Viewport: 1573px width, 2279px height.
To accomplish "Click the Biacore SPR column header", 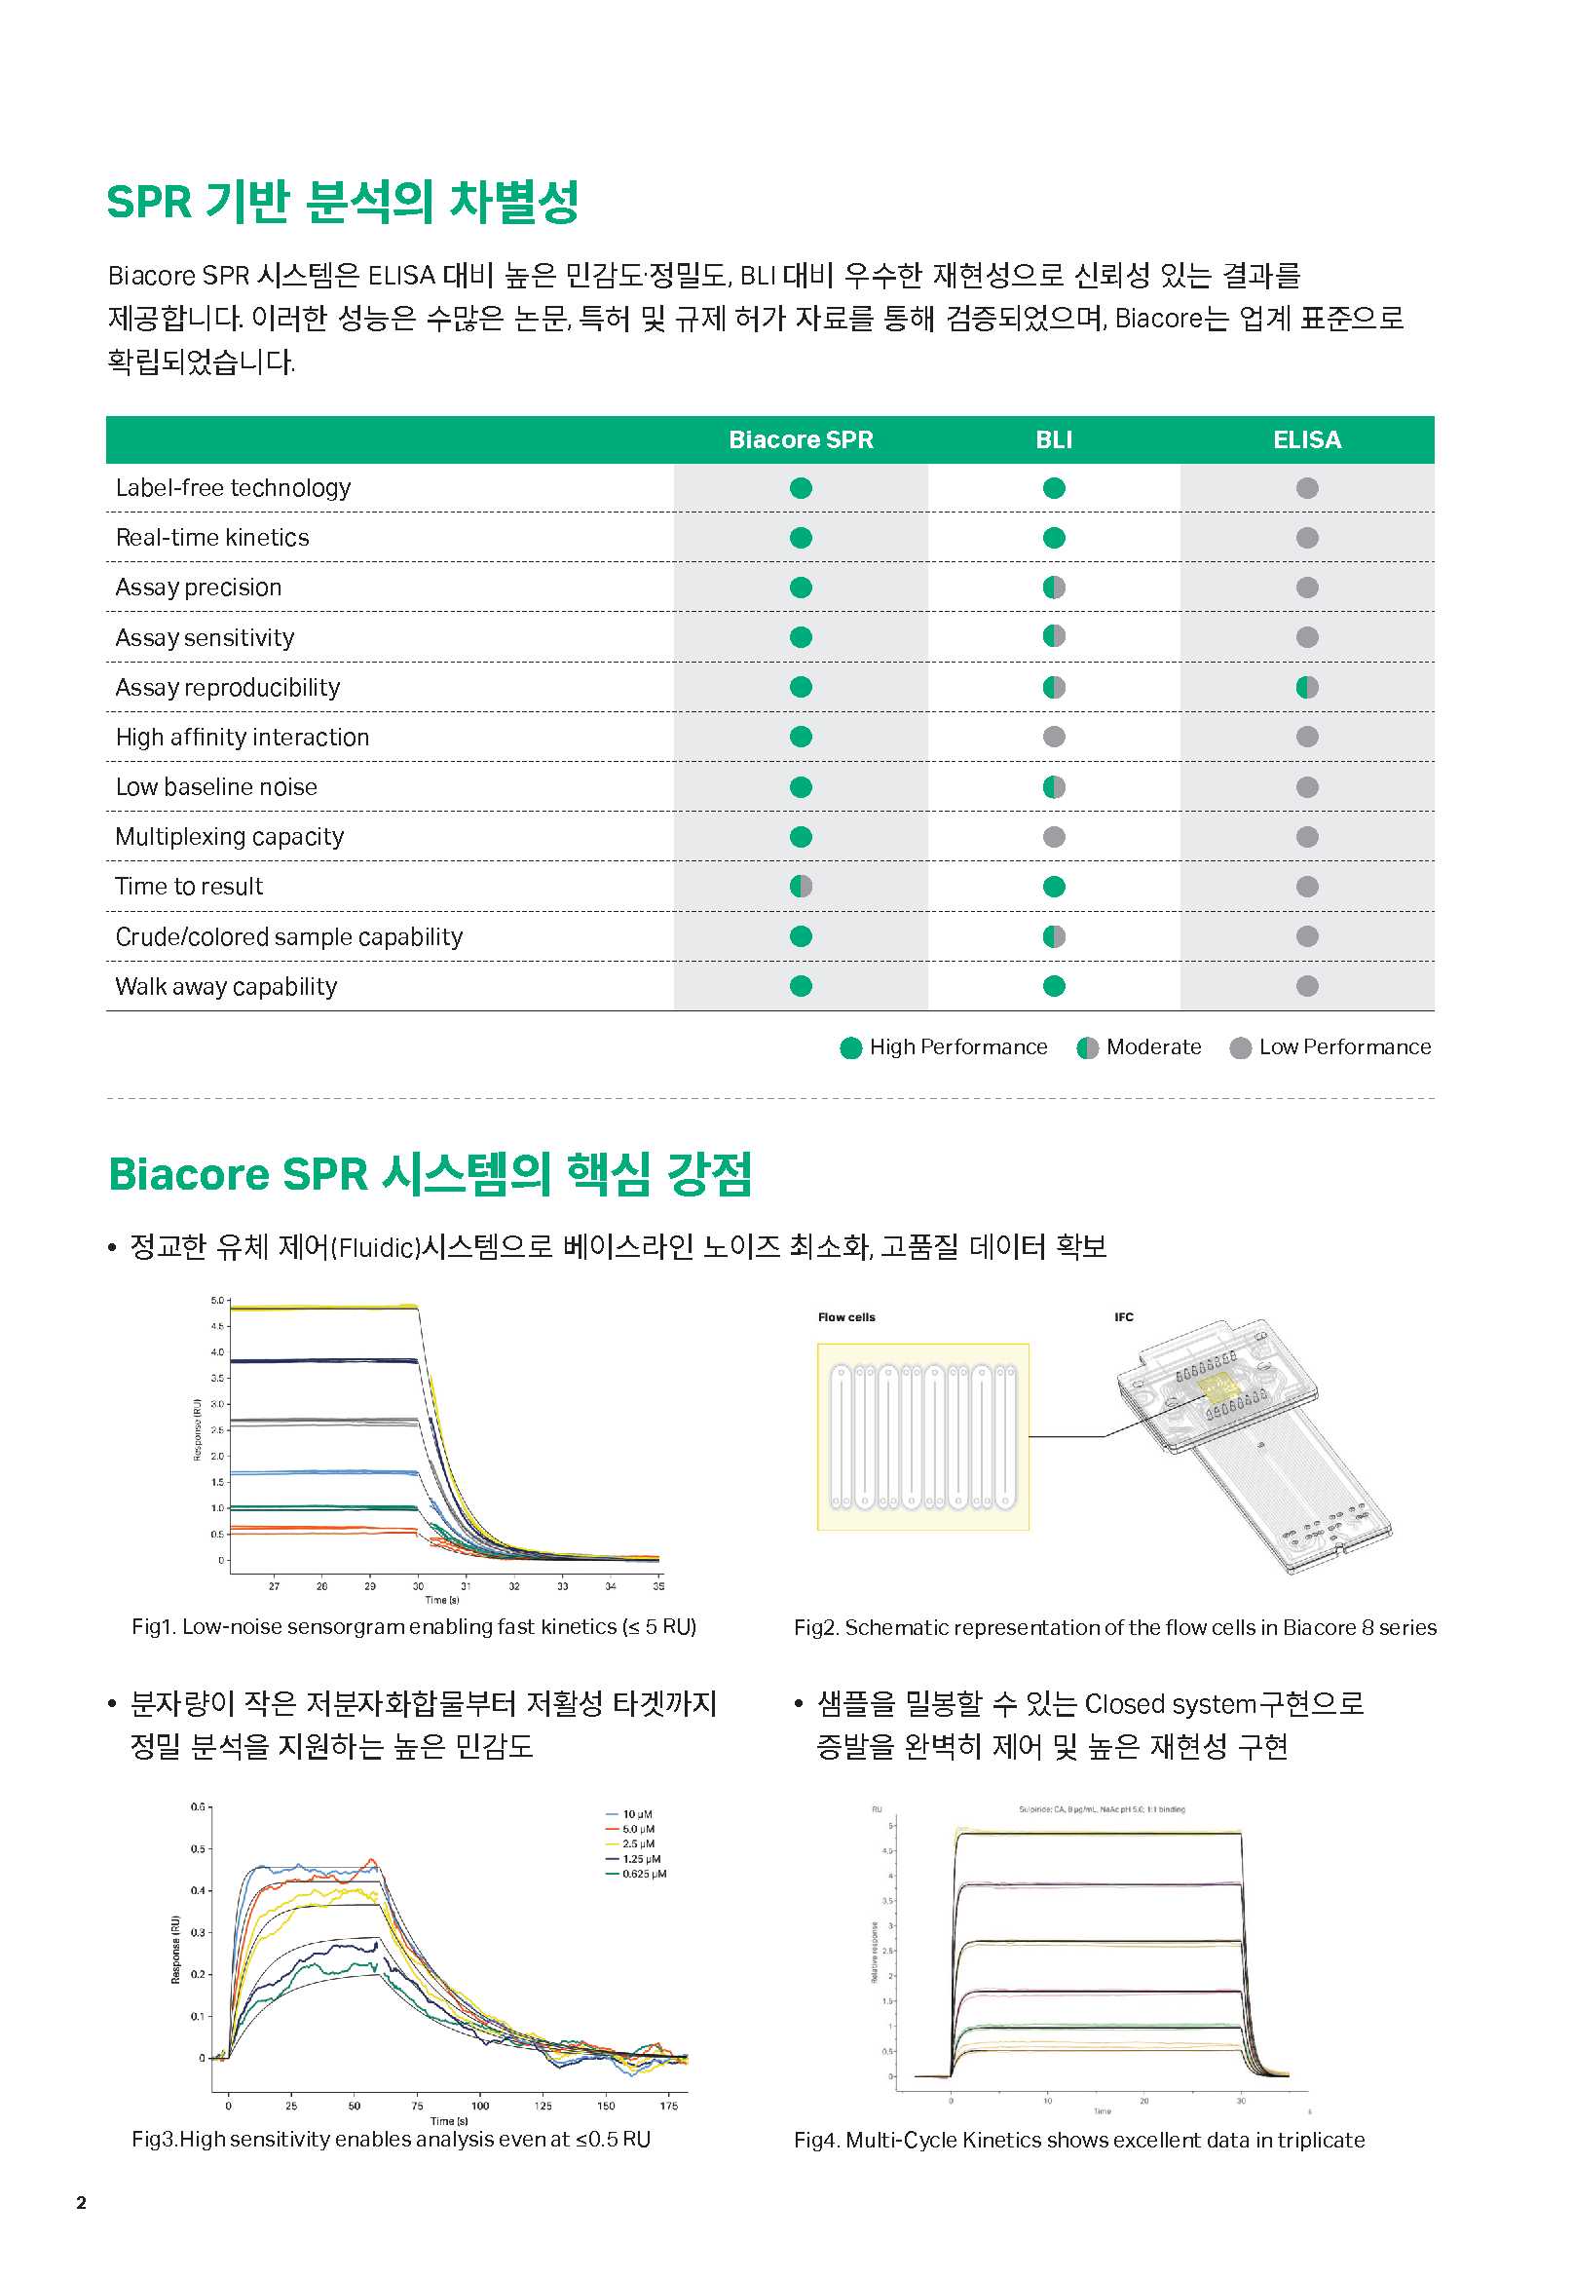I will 801,439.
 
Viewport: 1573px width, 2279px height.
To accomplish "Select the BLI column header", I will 1054,439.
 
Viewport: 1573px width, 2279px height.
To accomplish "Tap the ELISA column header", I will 1307,439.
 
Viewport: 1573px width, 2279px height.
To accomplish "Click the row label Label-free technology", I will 234,488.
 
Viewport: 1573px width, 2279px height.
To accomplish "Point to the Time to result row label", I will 189,886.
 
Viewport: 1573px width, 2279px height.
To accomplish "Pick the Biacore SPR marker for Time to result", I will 802,886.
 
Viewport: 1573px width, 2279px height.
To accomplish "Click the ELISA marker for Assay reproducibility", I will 1307,687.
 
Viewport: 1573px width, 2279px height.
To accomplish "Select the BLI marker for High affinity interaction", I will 1054,737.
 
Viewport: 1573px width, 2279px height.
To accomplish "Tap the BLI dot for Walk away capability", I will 1054,986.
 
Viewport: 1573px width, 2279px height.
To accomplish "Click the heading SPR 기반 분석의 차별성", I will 342,202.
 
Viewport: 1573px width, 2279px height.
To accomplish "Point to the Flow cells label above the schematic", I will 845,1317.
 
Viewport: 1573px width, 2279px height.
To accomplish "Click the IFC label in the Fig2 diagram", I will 1124,1317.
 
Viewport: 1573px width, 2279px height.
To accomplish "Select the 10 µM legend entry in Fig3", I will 637,1813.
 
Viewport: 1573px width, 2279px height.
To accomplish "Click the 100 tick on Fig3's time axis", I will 480,2106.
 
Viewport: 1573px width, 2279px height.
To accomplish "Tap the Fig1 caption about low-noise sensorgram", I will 414,1626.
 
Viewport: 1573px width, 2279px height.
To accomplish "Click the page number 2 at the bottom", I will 82,2202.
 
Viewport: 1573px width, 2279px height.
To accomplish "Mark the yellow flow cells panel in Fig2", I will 922,1436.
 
